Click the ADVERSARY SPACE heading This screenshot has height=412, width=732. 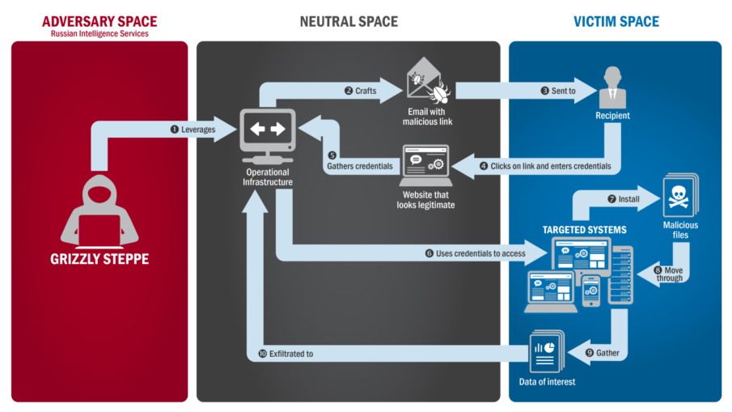[100, 21]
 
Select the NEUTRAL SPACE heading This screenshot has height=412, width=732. [349, 21]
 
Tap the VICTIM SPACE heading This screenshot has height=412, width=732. [616, 21]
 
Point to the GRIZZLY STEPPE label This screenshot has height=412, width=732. [99, 261]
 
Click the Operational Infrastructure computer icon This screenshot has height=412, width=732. [266, 133]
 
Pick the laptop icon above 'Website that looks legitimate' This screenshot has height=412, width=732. [425, 167]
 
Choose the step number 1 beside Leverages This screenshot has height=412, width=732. [174, 129]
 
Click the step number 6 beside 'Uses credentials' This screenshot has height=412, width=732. [429, 253]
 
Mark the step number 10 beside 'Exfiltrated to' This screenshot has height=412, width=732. [262, 354]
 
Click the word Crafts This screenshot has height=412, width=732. [366, 91]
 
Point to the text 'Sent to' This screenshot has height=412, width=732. [564, 91]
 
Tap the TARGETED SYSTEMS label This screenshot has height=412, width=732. [585, 230]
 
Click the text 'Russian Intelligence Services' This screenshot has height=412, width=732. [100, 35]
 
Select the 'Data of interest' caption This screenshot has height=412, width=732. [547, 382]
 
